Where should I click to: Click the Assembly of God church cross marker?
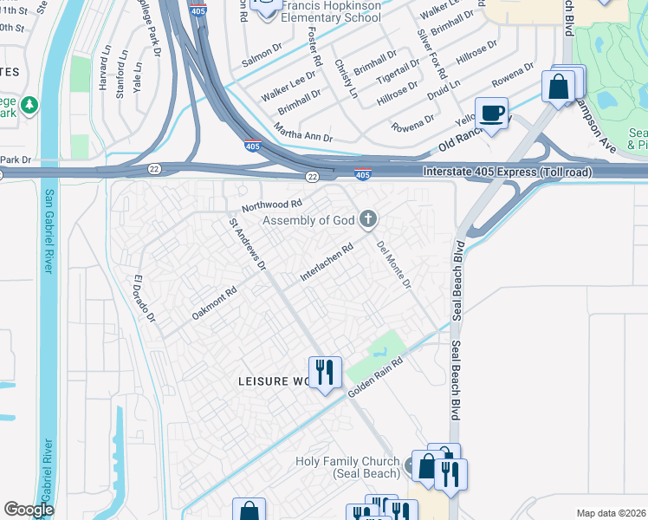click(368, 219)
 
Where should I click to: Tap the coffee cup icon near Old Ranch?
click(491, 114)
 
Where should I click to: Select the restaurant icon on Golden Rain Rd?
click(325, 373)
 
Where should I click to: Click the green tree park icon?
click(30, 105)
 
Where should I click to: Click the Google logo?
click(29, 510)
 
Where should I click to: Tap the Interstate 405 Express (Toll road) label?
click(507, 172)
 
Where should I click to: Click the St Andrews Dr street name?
click(247, 244)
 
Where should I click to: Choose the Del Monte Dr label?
click(393, 264)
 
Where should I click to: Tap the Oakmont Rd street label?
click(214, 304)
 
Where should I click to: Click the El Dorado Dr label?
click(143, 300)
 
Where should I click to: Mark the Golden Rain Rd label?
click(377, 378)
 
